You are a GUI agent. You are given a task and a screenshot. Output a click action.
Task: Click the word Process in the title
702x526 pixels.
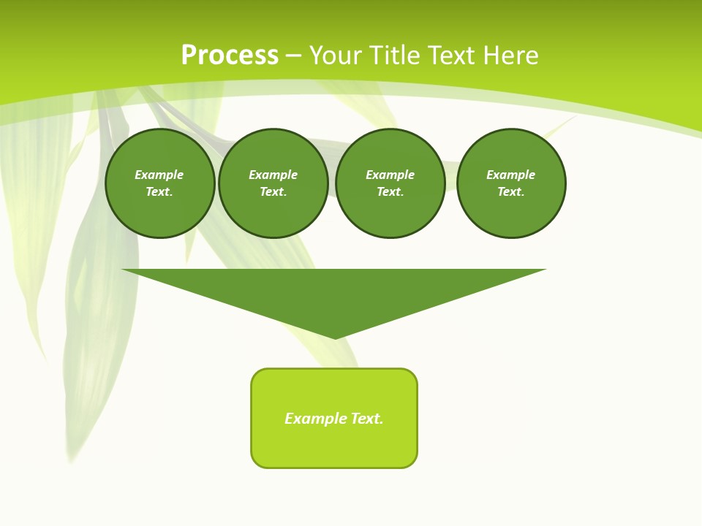click(230, 56)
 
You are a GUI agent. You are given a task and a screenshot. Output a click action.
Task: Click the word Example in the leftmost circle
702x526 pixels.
click(159, 175)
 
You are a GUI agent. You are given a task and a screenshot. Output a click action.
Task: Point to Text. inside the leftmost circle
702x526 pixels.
click(159, 191)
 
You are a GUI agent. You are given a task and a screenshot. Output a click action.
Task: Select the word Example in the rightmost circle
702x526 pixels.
click(511, 175)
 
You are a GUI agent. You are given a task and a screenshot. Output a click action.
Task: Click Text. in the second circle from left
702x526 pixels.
click(273, 191)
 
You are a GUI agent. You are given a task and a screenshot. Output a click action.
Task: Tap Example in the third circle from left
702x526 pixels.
click(390, 175)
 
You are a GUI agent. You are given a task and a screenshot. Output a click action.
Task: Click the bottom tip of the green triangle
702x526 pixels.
click(335, 337)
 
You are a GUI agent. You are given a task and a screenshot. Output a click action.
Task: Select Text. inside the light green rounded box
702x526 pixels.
click(368, 419)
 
